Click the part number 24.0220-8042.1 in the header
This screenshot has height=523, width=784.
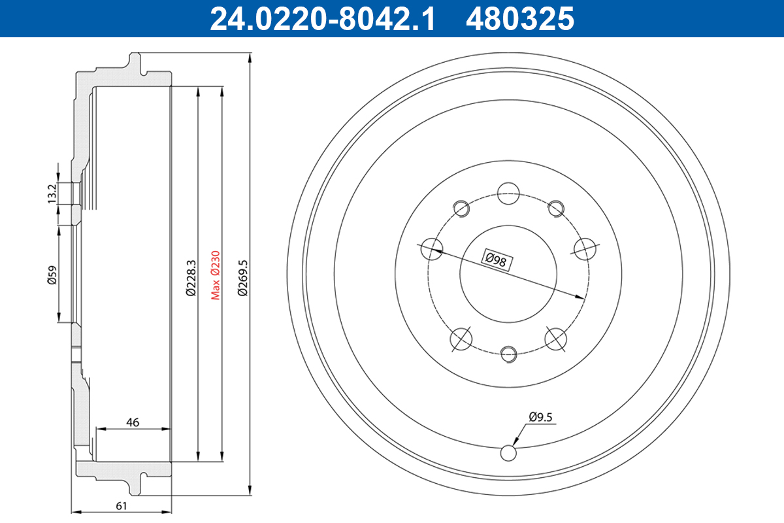tap(321, 18)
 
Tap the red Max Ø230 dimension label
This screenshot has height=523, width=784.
tap(215, 275)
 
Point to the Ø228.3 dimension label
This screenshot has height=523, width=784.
tap(191, 278)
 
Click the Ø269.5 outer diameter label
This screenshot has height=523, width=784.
tap(242, 278)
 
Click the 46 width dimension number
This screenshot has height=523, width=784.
tap(133, 422)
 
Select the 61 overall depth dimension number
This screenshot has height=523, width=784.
tap(120, 505)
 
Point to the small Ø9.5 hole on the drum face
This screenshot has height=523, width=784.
tap(508, 452)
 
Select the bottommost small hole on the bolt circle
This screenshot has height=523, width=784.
tap(508, 353)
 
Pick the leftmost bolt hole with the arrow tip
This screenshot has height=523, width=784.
tap(430, 248)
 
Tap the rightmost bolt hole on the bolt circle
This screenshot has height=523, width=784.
tap(585, 248)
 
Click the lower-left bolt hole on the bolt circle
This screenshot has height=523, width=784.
tap(461, 338)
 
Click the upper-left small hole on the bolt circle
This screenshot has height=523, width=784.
tap(462, 207)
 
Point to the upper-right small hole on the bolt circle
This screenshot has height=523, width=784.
tap(555, 207)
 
